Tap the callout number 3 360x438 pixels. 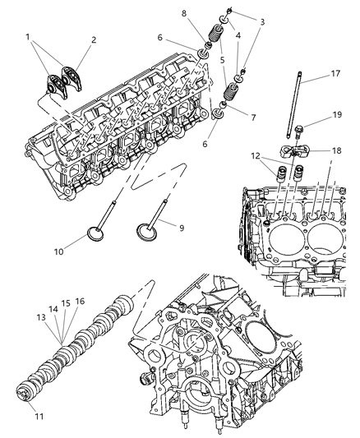(262, 21)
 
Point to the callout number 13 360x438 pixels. (39, 316)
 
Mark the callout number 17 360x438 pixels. (336, 73)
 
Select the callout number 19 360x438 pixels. (336, 116)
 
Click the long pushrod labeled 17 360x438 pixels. (294, 107)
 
